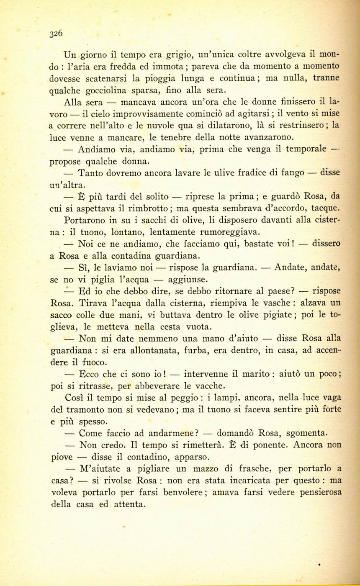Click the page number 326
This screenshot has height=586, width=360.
[56, 33]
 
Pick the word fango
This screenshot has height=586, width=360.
[292, 172]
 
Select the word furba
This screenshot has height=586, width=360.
[192, 350]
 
